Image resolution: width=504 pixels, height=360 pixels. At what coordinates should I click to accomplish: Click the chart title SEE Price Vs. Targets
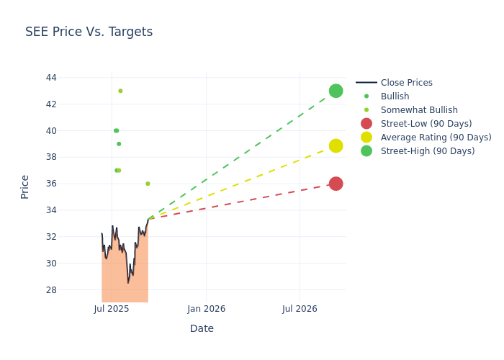[89, 32]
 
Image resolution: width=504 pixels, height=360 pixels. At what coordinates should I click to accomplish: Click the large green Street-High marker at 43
[336, 91]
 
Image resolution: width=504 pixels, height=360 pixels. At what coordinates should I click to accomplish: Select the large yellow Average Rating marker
[336, 145]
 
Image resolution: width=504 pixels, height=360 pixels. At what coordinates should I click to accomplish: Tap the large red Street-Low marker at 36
[336, 184]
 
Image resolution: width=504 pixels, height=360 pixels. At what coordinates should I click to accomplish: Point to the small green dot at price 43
[120, 91]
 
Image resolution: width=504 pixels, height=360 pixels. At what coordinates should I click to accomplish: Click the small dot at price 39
[119, 144]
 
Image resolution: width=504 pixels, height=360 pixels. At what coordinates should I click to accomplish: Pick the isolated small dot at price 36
[148, 184]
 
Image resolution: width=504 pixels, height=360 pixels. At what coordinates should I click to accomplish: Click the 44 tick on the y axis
[50, 78]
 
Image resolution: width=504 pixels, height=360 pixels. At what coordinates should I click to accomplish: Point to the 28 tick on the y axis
[50, 290]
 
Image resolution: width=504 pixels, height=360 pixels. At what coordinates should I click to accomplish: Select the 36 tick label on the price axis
[50, 184]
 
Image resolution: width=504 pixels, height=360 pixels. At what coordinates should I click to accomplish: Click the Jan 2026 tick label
[207, 309]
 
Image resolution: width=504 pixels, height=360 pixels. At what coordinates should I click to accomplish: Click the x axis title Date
[202, 328]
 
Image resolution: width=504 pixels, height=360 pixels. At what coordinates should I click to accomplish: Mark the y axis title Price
[25, 186]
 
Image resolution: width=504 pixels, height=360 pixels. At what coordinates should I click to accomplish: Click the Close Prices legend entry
[406, 83]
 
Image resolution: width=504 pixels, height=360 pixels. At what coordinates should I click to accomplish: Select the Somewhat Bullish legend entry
[419, 110]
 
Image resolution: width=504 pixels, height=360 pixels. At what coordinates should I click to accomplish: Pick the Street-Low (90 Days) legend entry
[426, 124]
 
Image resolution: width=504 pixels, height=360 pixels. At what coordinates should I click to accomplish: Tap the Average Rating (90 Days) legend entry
[436, 138]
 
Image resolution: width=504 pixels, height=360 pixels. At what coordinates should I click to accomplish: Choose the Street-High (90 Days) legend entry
[427, 151]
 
